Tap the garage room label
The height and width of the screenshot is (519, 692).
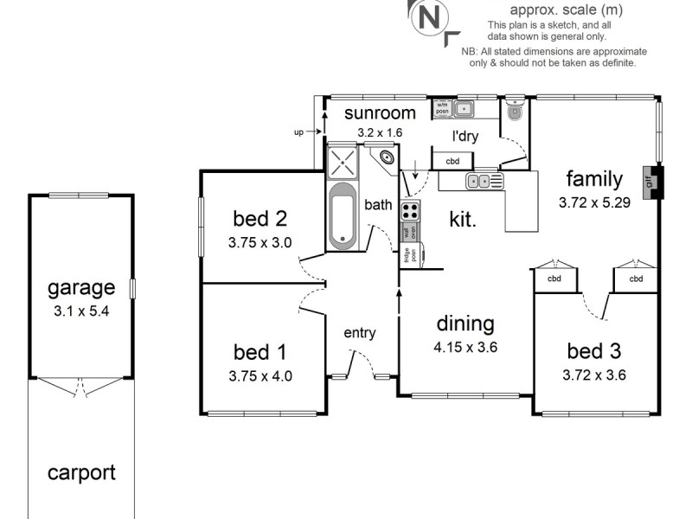click(x=80, y=287)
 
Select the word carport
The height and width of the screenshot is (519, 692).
click(x=80, y=472)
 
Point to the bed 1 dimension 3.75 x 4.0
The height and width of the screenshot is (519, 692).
click(x=260, y=376)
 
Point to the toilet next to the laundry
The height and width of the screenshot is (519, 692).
click(x=516, y=110)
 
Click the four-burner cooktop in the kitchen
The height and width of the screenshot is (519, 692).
click(x=410, y=209)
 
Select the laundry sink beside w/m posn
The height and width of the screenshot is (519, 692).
click(x=465, y=109)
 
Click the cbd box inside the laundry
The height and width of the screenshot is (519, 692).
click(x=452, y=161)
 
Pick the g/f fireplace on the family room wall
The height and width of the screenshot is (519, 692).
click(x=650, y=182)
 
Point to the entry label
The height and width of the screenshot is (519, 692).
click(x=359, y=333)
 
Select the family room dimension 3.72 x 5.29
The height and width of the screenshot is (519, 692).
click(x=593, y=203)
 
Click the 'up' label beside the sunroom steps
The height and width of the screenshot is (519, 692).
click(x=299, y=132)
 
